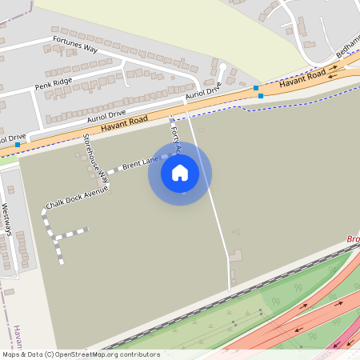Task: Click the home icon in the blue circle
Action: (x=180, y=173)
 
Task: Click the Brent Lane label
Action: (x=140, y=163)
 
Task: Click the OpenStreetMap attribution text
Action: (x=80, y=354)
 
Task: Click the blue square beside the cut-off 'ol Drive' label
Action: (x=29, y=145)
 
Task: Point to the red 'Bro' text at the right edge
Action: (x=354, y=239)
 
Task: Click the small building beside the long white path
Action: (x=235, y=254)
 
